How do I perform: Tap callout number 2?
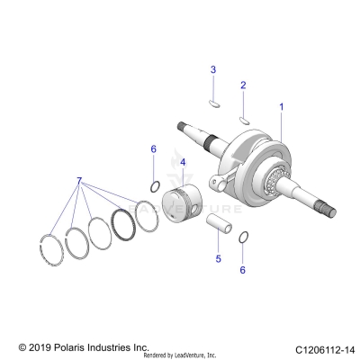click(242, 85)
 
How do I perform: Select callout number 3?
click(213, 69)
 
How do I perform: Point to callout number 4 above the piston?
click(183, 163)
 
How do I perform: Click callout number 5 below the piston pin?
click(217, 259)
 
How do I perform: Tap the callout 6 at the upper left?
click(154, 148)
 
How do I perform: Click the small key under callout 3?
click(214, 101)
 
